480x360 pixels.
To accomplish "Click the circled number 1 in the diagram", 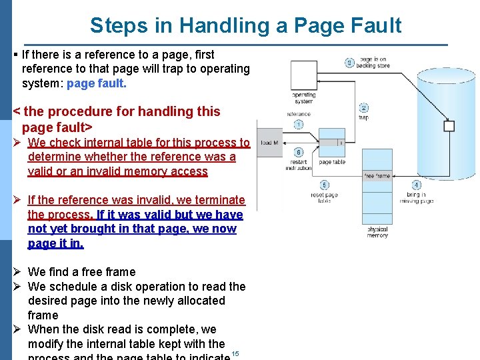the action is [298, 125].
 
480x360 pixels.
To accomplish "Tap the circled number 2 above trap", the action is [364, 108].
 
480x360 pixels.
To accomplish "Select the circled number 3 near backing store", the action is [349, 63].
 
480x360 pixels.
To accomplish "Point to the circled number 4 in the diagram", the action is [417, 185].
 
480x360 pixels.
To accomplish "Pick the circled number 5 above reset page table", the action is [325, 185].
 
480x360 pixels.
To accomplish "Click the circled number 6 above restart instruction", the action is [299, 153].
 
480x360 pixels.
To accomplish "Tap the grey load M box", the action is [270, 143].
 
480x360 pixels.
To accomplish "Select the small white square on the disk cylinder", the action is [449, 126].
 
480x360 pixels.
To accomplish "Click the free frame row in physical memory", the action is [377, 176].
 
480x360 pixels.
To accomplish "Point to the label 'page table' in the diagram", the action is [331, 163].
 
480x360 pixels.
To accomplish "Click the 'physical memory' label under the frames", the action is [377, 232].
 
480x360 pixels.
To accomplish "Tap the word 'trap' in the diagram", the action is [363, 118].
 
